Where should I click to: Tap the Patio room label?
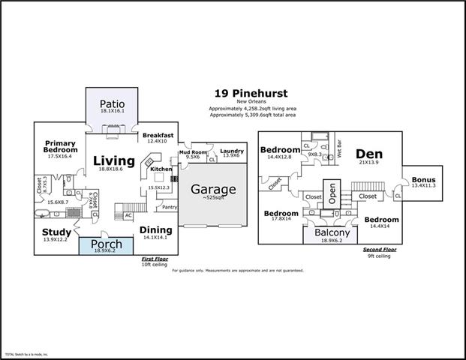pyautogui.click(x=111, y=103)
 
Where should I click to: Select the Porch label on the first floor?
pyautogui.click(x=105, y=244)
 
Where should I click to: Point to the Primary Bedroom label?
pyautogui.click(x=62, y=146)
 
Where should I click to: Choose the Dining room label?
pyautogui.click(x=155, y=230)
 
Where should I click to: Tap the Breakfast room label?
pyautogui.click(x=158, y=135)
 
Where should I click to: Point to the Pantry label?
pyautogui.click(x=170, y=207)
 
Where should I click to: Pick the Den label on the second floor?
pyautogui.click(x=369, y=152)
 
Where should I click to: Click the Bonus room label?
pyautogui.click(x=423, y=180)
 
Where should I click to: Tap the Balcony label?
pyautogui.click(x=332, y=232)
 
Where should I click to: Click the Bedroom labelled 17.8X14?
pyautogui.click(x=281, y=213)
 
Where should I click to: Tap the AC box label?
pyautogui.click(x=129, y=215)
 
